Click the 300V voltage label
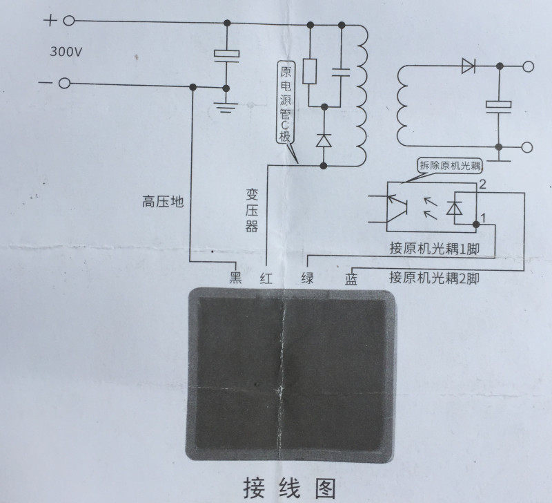(68, 51)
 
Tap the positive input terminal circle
(68, 21)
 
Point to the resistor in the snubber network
(310, 71)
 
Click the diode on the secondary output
(469, 66)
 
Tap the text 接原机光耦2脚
(433, 278)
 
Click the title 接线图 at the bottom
(288, 486)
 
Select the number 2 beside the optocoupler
(483, 184)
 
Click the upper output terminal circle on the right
(529, 67)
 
